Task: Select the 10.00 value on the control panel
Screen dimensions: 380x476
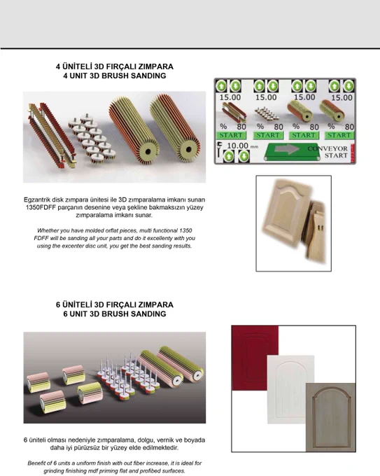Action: pos(238,146)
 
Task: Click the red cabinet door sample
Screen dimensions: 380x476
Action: pos(255,358)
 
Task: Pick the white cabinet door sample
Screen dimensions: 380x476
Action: pos(290,389)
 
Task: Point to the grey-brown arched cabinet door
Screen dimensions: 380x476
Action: pos(330,417)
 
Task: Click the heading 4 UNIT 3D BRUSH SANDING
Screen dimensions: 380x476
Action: pos(115,76)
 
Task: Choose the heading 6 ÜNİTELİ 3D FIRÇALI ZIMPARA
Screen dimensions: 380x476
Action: pos(115,304)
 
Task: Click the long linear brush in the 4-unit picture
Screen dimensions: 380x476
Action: pos(52,136)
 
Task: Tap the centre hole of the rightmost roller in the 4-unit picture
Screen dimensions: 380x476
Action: pos(188,149)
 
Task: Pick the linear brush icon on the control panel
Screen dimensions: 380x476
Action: pos(233,112)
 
